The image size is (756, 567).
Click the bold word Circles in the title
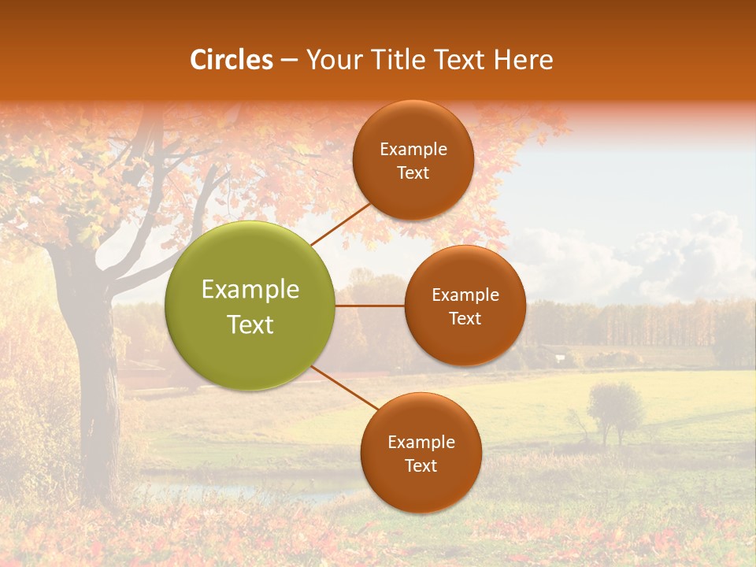(x=232, y=60)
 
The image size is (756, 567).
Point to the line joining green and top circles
(x=341, y=224)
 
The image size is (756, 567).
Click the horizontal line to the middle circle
(x=370, y=306)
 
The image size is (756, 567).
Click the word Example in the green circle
(x=250, y=290)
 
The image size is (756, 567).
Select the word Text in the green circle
(x=250, y=324)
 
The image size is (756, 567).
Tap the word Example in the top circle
(x=413, y=150)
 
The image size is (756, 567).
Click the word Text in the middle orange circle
(x=465, y=319)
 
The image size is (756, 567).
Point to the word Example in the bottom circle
(x=421, y=443)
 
